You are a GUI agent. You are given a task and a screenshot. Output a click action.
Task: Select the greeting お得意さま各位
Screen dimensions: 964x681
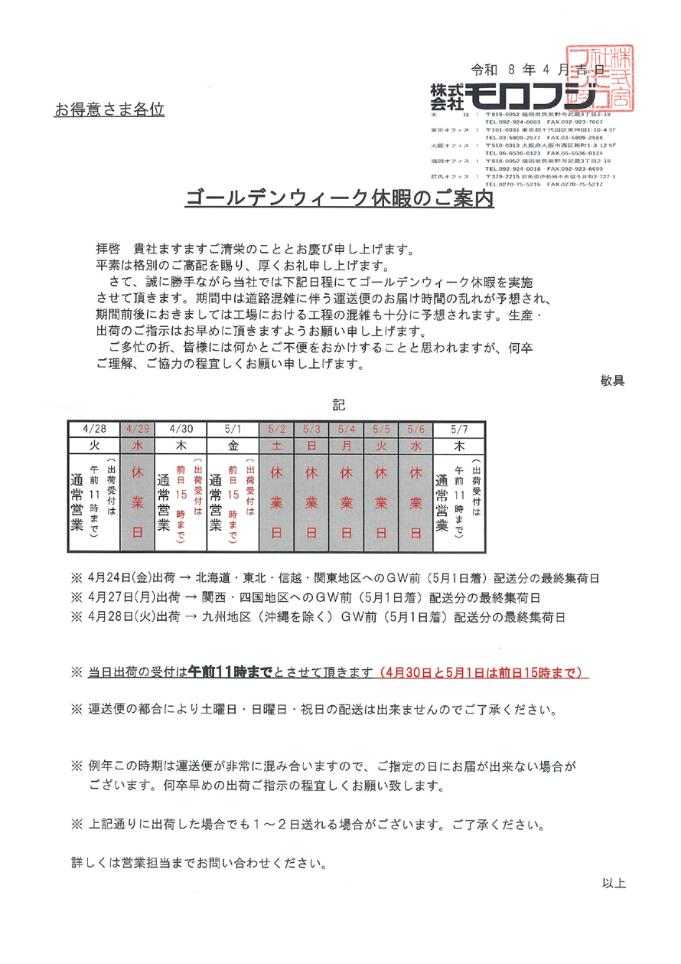(x=109, y=110)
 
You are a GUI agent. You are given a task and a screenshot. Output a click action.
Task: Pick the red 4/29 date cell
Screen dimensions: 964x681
(x=138, y=429)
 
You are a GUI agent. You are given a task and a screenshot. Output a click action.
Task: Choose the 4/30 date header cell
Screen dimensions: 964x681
(x=181, y=429)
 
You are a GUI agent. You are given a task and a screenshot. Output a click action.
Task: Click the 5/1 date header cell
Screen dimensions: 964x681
(x=233, y=429)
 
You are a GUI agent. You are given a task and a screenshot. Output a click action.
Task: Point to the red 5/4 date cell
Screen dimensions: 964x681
(x=347, y=429)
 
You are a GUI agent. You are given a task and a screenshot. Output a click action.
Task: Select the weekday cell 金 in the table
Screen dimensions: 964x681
(x=233, y=444)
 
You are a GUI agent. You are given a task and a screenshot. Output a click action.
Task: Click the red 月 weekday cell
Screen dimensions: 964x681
(x=347, y=444)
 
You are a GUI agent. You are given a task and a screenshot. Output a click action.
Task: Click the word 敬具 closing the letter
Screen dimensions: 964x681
(x=614, y=381)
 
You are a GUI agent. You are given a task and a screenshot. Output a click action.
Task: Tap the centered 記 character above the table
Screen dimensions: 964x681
(x=339, y=404)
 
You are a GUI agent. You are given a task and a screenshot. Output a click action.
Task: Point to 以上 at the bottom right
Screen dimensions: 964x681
(x=614, y=883)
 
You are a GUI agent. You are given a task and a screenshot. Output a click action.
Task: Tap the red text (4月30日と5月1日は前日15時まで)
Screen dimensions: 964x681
(x=483, y=672)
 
